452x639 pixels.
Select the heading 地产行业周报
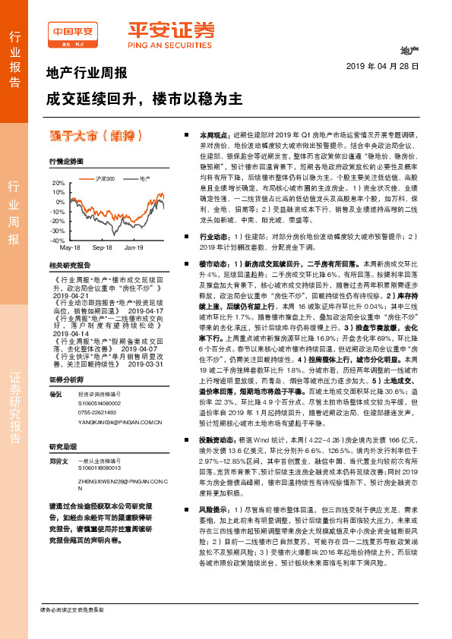[81, 73]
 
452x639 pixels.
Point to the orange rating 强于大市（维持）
[95, 137]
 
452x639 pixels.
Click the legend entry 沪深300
[106, 178]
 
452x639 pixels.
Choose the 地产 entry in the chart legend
[143, 178]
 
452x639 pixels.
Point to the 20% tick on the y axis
[58, 183]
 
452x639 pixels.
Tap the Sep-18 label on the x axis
[103, 247]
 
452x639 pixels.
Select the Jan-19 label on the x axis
[134, 247]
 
